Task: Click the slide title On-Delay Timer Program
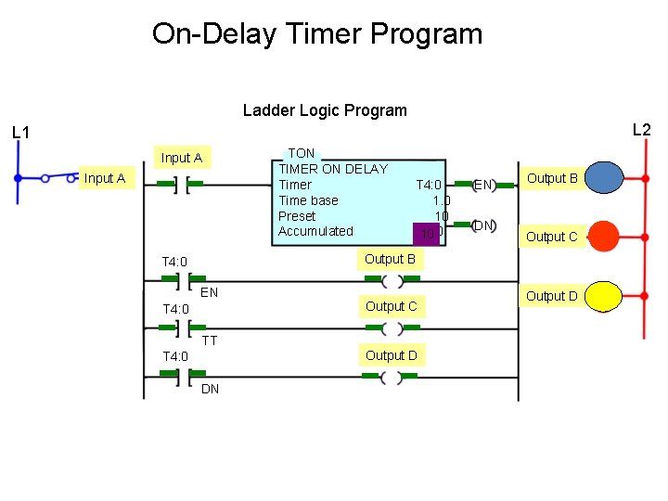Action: [317, 34]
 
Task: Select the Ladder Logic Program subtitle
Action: [325, 110]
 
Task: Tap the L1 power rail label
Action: [21, 133]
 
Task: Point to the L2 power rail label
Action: [641, 130]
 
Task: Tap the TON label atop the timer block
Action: [302, 153]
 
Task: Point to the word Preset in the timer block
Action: [297, 216]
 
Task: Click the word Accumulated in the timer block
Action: [315, 231]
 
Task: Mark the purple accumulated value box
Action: [427, 233]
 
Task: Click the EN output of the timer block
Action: [483, 185]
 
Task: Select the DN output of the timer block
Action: [483, 225]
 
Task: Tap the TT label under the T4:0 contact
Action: [210, 340]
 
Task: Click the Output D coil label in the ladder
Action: [391, 355]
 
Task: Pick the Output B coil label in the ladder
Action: [390, 259]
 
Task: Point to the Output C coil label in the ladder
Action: [391, 306]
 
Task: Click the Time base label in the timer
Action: [308, 200]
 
